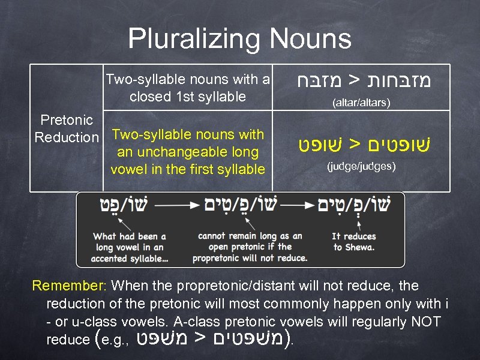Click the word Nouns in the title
[310, 40]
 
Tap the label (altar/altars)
[361, 103]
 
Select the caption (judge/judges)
[361, 166]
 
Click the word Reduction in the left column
[67, 137]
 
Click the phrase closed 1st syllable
[187, 97]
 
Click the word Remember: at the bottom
[70, 285]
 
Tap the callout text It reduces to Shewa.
[354, 242]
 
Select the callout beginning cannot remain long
[250, 247]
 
